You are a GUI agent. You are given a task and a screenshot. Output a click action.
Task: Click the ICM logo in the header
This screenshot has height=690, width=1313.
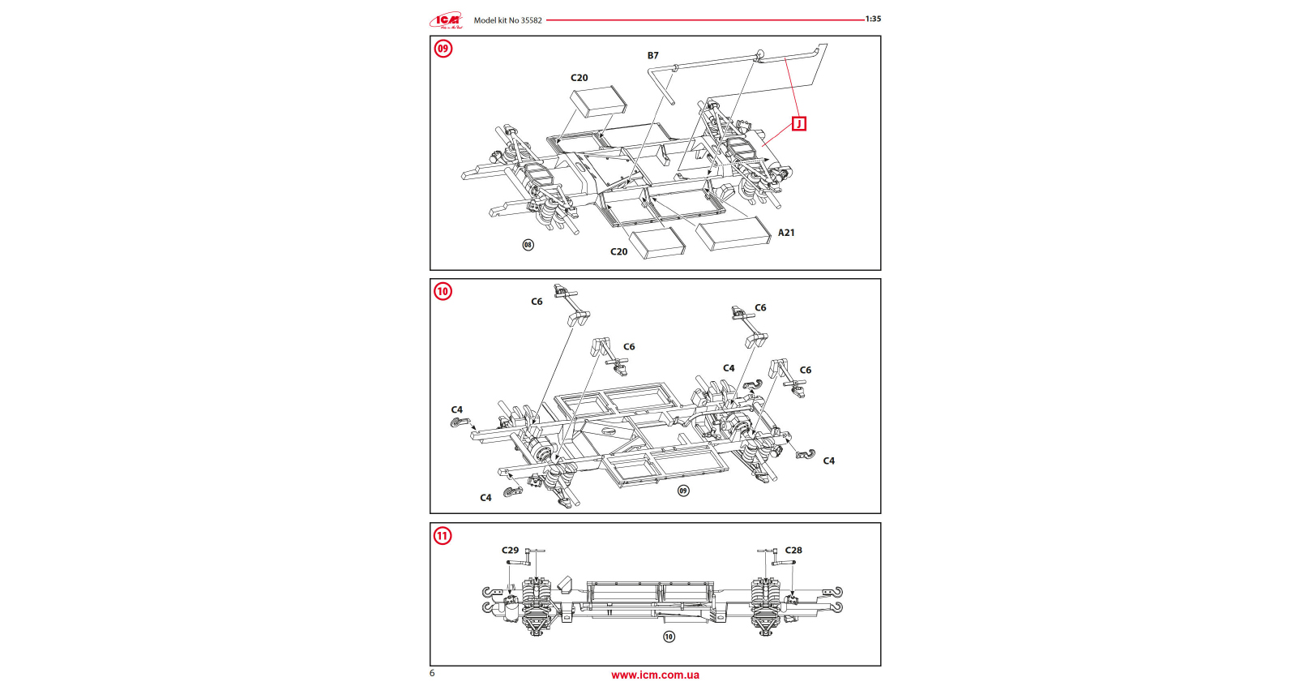point(447,20)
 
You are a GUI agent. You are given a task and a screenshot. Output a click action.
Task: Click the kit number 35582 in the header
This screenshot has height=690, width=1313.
point(531,20)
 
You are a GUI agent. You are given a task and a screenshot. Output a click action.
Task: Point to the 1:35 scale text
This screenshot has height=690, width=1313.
point(873,19)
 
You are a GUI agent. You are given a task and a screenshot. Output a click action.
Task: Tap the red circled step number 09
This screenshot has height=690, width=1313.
point(443,49)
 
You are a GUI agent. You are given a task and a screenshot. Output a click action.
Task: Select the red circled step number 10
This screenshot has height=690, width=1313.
point(443,292)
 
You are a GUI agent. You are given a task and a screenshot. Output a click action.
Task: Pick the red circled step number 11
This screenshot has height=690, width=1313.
point(443,536)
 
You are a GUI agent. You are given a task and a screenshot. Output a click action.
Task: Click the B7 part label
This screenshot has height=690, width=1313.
point(652,56)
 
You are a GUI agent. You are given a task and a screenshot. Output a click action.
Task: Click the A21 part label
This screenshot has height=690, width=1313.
point(786,233)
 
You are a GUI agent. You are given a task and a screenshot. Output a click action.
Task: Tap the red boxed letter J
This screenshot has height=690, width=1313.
point(799,124)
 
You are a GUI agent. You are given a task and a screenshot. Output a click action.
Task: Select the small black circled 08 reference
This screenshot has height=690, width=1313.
point(528,245)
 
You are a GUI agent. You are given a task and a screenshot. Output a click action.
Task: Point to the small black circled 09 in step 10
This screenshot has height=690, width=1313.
point(683,491)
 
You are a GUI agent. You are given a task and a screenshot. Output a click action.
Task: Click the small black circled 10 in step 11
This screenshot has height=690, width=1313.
point(669,636)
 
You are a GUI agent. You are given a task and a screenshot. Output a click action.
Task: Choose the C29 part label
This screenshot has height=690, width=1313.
point(510,551)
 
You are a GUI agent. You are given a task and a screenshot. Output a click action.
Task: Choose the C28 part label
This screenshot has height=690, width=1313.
point(793,551)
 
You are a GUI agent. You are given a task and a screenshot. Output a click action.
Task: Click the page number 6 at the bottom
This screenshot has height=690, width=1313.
point(432,673)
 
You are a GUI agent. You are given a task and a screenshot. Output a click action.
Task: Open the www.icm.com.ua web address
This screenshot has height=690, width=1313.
point(655,675)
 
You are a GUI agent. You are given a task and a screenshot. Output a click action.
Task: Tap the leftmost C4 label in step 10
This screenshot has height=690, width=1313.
point(457,410)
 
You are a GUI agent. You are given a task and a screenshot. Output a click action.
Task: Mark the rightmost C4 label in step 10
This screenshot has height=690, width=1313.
point(828,461)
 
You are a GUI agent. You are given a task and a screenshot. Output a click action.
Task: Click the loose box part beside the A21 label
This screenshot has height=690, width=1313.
point(732,234)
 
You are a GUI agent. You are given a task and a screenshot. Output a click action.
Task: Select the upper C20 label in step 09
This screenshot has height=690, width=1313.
point(579,78)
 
